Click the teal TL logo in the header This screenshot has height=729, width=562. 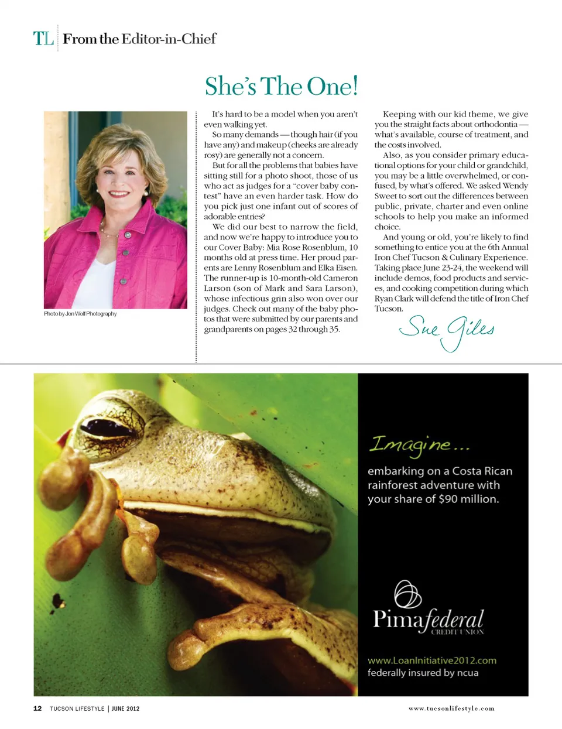point(43,39)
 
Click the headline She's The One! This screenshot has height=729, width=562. point(281,86)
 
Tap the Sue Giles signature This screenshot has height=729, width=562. point(446,331)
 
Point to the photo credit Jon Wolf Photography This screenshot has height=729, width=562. point(80,314)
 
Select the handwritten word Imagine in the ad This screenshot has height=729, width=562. point(410,445)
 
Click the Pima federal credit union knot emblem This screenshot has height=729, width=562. point(408,594)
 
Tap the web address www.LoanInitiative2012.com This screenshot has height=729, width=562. point(431,660)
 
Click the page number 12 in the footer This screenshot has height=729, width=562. point(37,709)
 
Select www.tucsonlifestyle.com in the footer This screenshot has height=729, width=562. point(451,709)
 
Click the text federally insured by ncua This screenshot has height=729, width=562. point(423,673)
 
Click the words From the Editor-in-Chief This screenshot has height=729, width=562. point(139,39)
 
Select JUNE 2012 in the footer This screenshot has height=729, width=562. point(126,709)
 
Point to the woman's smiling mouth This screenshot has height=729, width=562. point(119,194)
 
